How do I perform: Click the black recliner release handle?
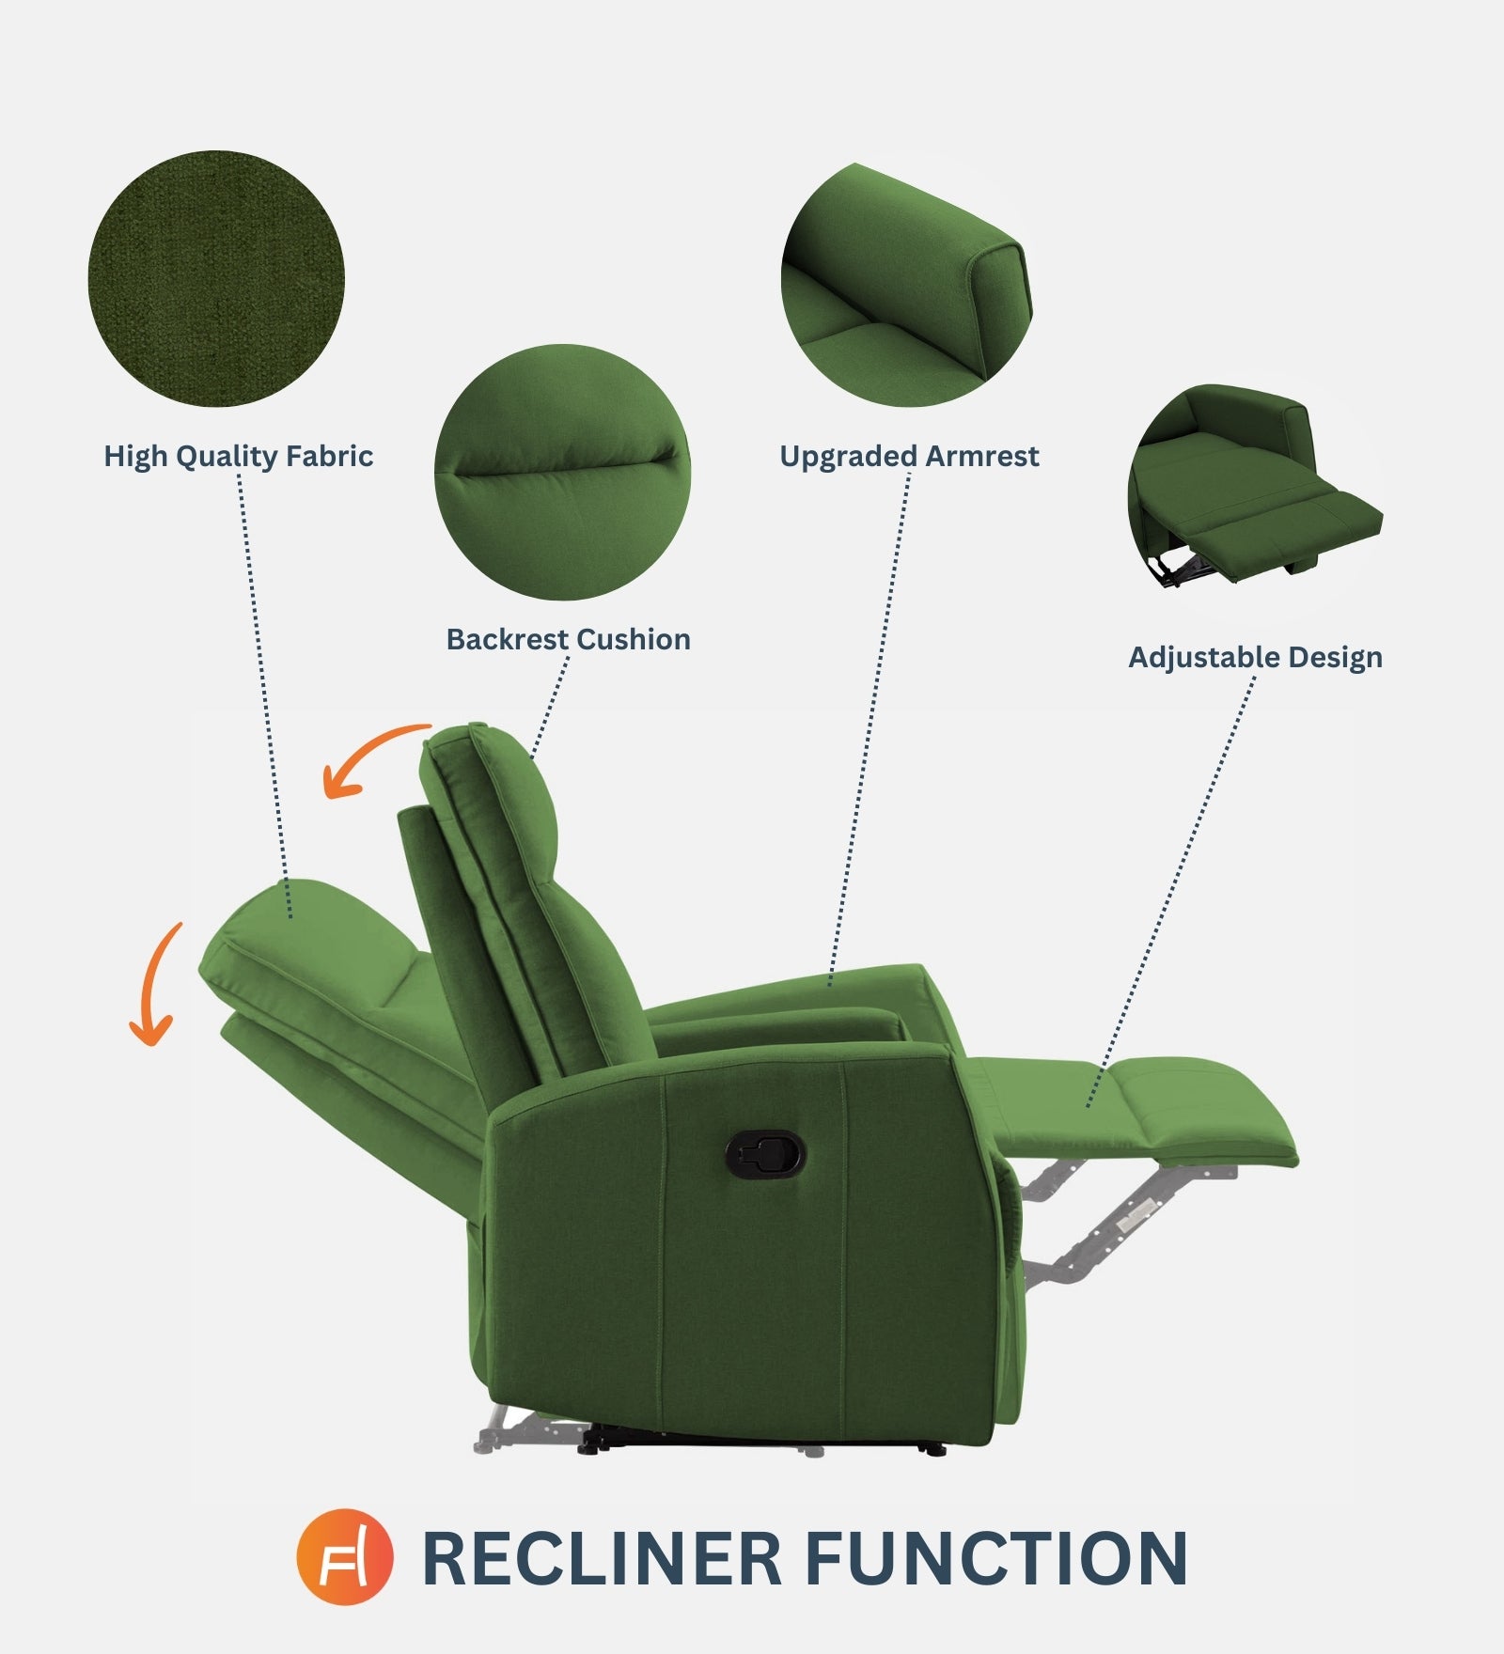765,1153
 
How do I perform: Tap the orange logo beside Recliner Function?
344,1556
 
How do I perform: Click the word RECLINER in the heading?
602,1558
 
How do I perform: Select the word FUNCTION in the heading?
996,1558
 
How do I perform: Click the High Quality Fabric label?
238,457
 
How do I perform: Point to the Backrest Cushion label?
568,640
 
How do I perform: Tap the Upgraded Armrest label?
909,457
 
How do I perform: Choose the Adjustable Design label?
1255,658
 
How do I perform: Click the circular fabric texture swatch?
216,279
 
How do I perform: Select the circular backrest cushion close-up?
562,472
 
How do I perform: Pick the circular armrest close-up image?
906,284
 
